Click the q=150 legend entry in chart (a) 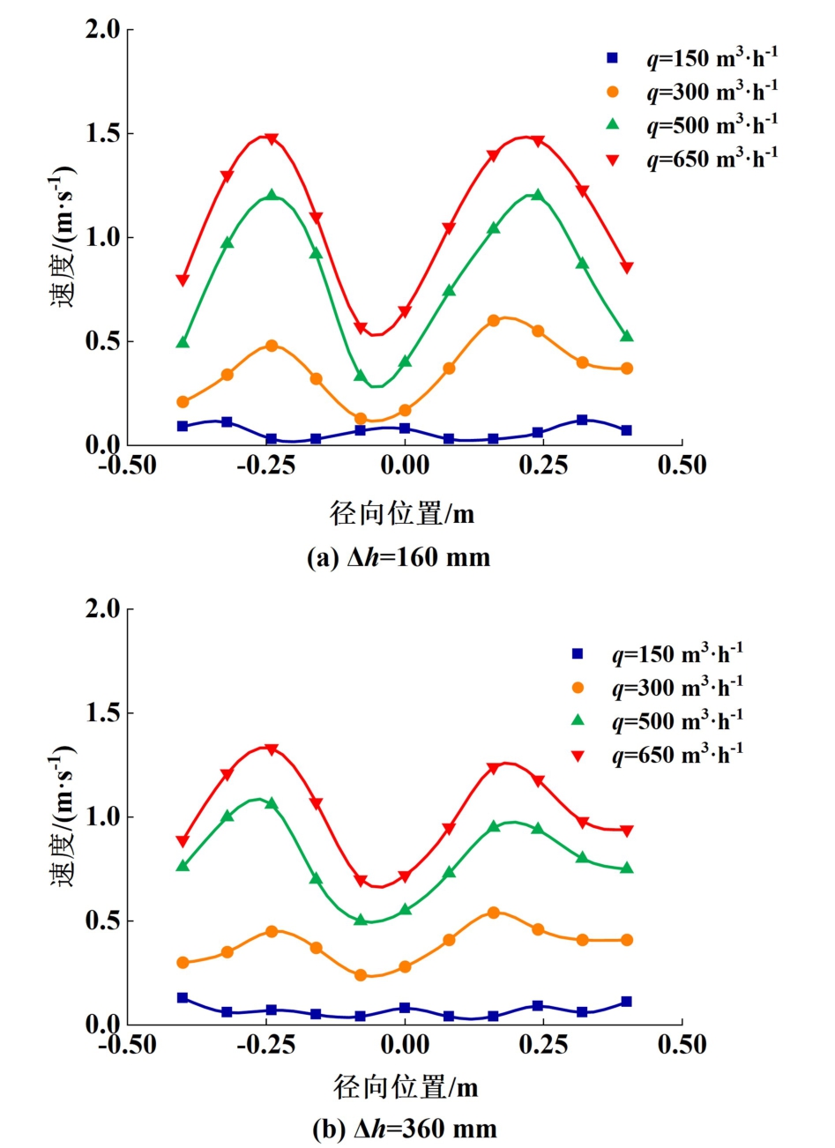point(692,59)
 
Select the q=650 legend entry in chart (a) point(692,159)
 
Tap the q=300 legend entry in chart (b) point(658,688)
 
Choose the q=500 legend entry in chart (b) point(658,721)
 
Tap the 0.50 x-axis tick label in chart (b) point(682,1046)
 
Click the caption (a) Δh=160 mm point(399,557)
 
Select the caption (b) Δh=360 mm point(405,1129)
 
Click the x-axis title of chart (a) point(402,513)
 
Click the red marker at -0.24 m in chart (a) point(272,139)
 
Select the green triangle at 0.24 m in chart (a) point(537,195)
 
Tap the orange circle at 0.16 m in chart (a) point(494,321)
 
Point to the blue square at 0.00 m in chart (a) point(405,429)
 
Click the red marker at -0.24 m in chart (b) point(272,749)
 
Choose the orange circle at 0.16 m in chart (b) point(494,913)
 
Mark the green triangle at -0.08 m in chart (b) point(361,920)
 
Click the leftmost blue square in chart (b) point(183,998)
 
